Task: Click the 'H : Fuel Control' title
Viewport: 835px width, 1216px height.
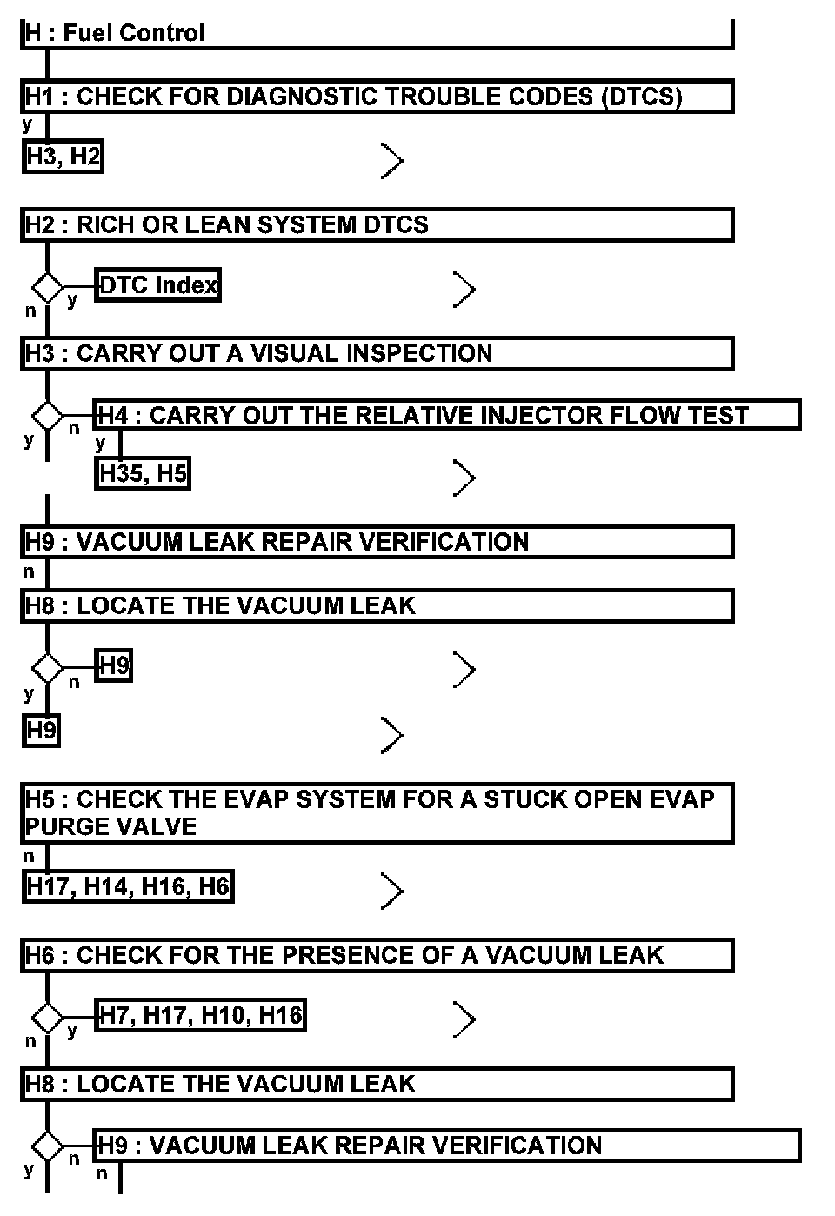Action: [x=115, y=33]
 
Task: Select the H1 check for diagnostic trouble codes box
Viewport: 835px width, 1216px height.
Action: [x=377, y=97]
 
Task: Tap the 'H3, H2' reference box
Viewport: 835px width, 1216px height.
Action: [x=63, y=157]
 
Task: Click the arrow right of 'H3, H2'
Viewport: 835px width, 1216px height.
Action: [x=392, y=161]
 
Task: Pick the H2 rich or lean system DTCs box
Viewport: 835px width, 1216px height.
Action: [x=377, y=224]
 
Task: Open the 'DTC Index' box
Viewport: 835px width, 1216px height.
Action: [x=158, y=285]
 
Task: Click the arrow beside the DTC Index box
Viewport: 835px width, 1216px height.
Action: [x=464, y=290]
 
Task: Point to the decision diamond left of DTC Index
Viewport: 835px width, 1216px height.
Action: [x=47, y=286]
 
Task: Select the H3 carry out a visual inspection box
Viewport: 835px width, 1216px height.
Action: [x=377, y=353]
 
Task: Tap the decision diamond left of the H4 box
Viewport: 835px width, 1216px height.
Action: [x=47, y=415]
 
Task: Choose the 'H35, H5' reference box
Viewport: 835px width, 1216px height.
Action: [x=143, y=474]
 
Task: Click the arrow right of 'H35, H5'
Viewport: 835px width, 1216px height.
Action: [x=464, y=478]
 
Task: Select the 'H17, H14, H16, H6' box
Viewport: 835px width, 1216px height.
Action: [x=128, y=886]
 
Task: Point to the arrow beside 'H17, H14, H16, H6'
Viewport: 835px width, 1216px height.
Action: [x=392, y=892]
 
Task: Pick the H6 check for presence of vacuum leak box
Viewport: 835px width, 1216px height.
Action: [x=377, y=955]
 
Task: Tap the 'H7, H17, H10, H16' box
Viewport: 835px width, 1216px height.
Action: [x=200, y=1015]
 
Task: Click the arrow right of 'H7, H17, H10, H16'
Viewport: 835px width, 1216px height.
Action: [x=464, y=1019]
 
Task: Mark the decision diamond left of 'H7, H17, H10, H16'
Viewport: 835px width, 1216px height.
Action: [x=47, y=1016]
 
